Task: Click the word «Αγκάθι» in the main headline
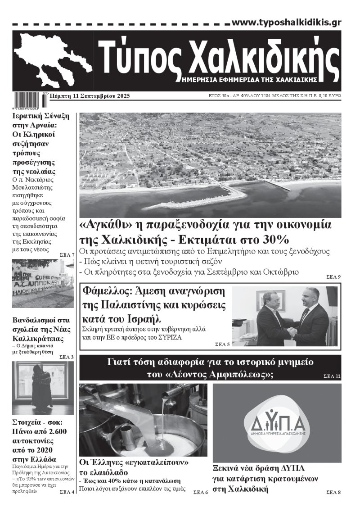pos(104,225)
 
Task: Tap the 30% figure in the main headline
pos(274,239)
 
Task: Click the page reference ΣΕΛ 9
pos(333,276)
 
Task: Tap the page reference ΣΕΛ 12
pos(332,376)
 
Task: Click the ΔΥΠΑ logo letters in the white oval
pos(277,422)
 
